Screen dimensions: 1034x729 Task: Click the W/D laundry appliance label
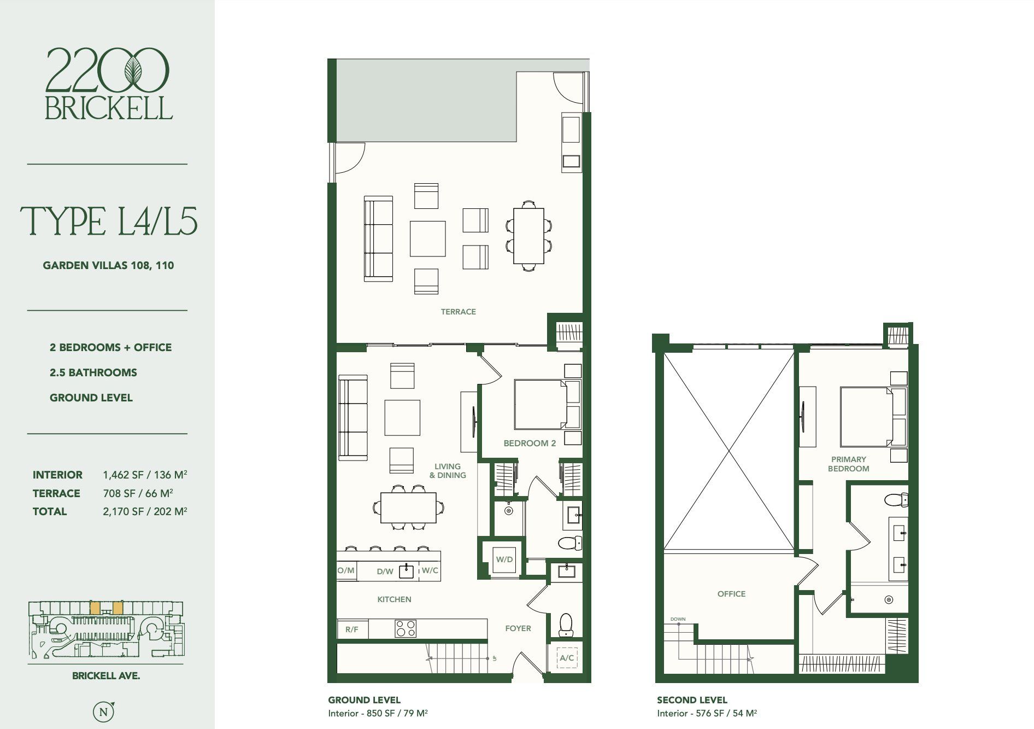[504, 559]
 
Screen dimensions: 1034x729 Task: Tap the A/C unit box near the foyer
[567, 658]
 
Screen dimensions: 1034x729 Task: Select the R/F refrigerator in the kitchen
[352, 629]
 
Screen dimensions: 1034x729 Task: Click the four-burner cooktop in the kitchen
[406, 628]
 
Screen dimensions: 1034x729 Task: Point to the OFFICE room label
[731, 594]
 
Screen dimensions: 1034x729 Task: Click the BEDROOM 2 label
[530, 443]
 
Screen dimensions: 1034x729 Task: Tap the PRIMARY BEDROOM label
[848, 464]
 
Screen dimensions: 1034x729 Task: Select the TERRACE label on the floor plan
[459, 312]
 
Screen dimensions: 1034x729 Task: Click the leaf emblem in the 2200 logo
[132, 69]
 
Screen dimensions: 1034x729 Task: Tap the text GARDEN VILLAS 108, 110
[108, 266]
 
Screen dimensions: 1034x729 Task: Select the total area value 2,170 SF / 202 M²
[145, 511]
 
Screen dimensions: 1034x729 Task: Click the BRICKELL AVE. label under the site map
[106, 676]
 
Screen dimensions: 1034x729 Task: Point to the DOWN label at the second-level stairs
[678, 619]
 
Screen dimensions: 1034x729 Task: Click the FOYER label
[518, 628]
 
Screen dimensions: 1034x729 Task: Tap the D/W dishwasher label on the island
[385, 571]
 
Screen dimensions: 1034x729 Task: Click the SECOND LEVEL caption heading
[692, 700]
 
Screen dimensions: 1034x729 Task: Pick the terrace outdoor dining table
[528, 236]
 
